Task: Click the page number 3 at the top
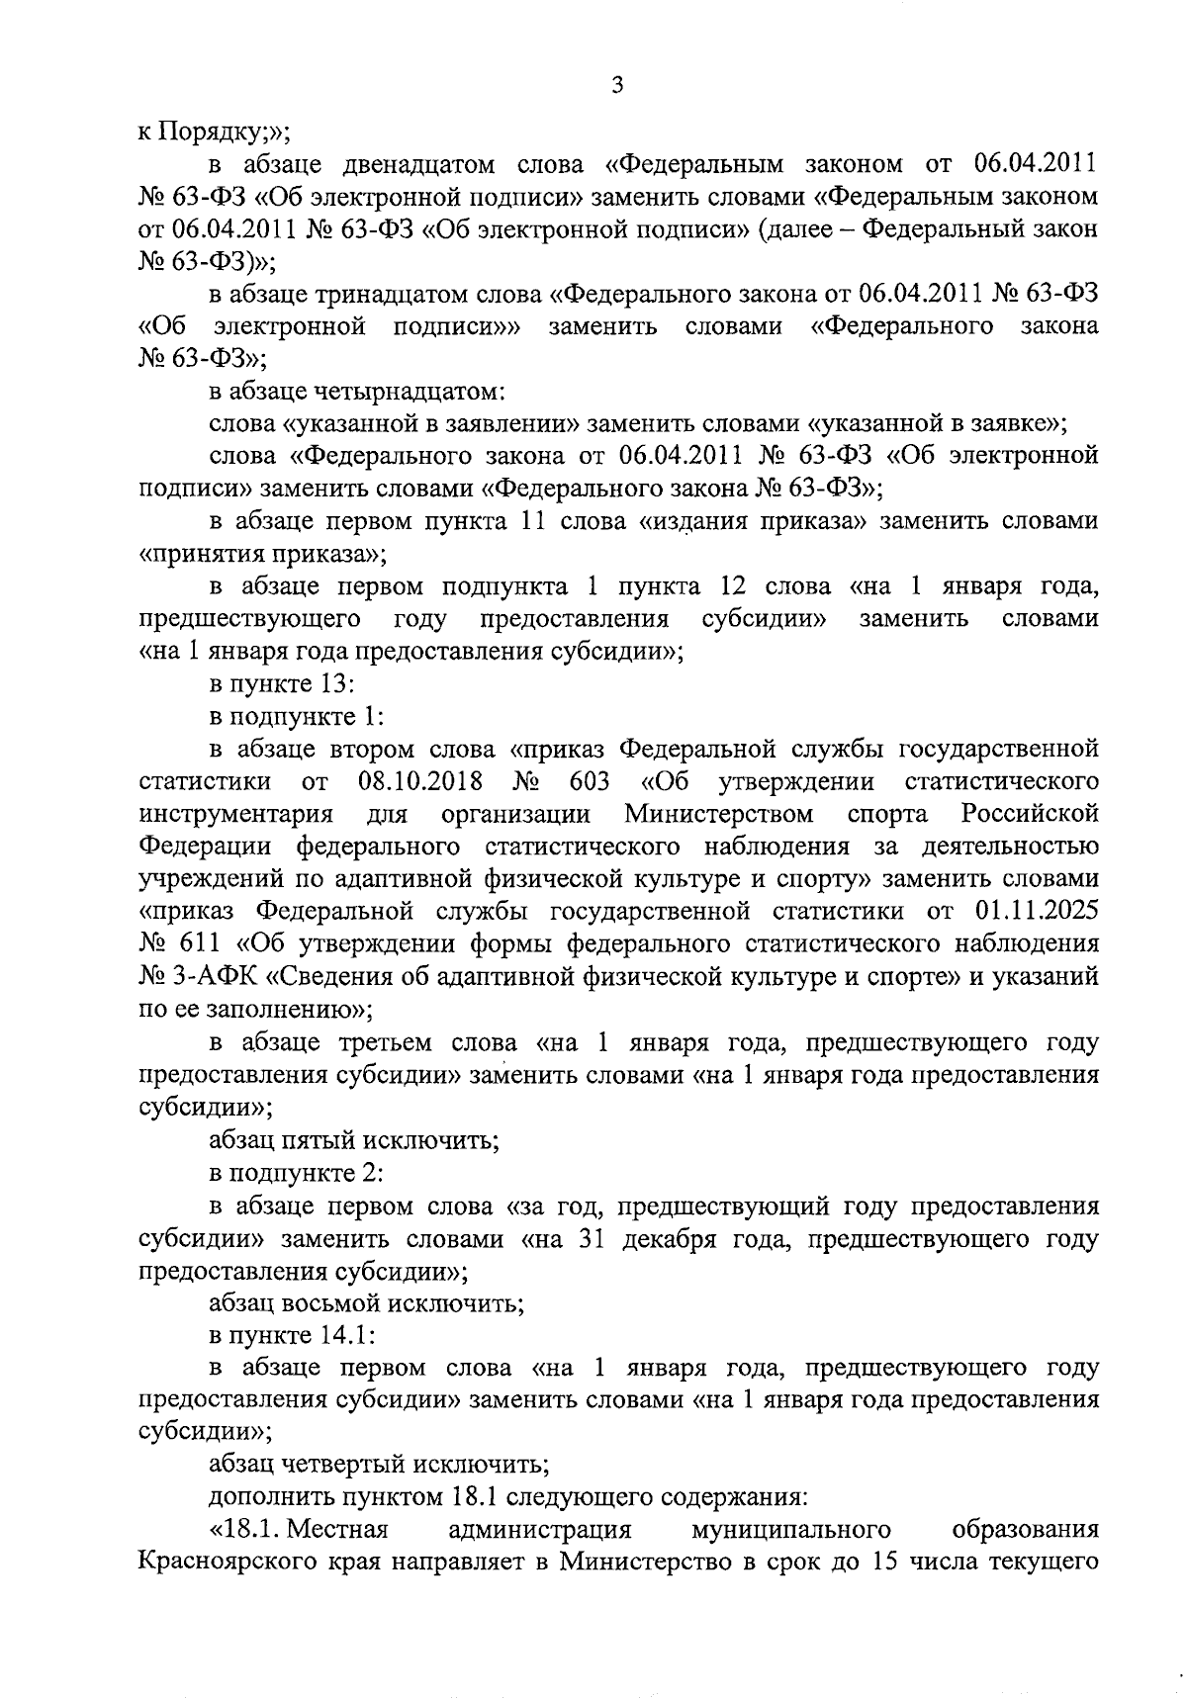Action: pyautogui.click(x=616, y=86)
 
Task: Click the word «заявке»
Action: pyautogui.click(x=1000, y=424)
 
